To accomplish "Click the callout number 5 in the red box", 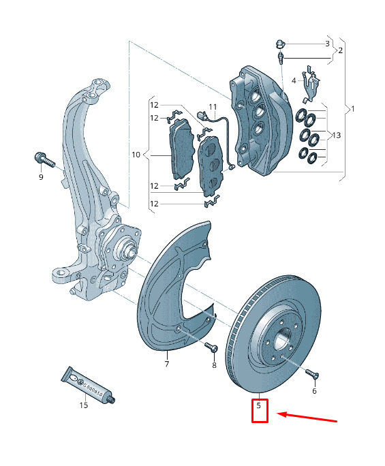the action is coord(259,405).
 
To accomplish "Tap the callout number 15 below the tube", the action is coord(84,405).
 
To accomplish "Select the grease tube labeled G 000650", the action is coord(88,386).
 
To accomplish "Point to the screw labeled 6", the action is coord(312,374).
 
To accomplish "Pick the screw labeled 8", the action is coord(211,347).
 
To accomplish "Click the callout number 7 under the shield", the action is coord(167,364).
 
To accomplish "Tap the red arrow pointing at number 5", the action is coord(307,417).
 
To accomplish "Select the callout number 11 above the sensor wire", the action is coord(213,107).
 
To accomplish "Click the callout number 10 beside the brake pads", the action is coord(136,155).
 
